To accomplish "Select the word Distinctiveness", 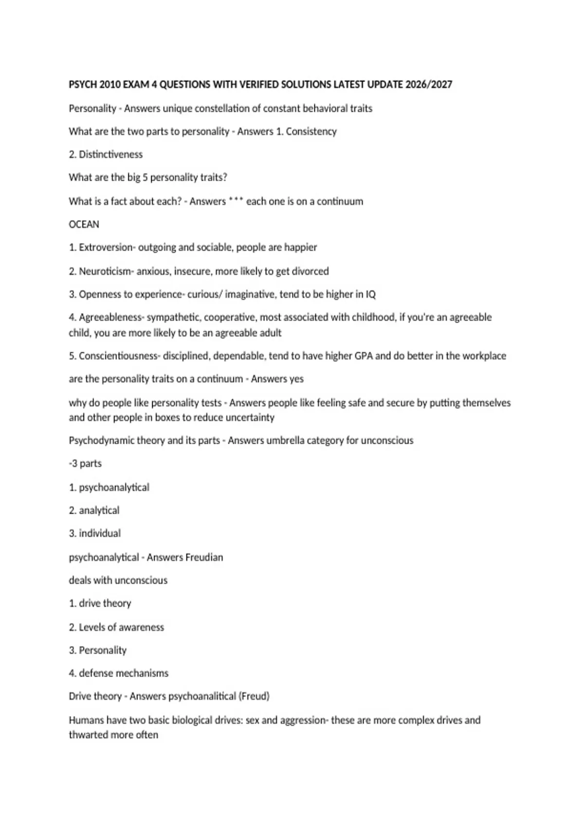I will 111,155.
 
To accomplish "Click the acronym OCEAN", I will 84,224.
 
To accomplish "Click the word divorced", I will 310,271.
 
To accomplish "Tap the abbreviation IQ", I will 370,294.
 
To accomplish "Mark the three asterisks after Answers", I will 236,200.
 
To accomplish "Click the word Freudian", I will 204,557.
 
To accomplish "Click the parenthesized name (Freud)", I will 254,696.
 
